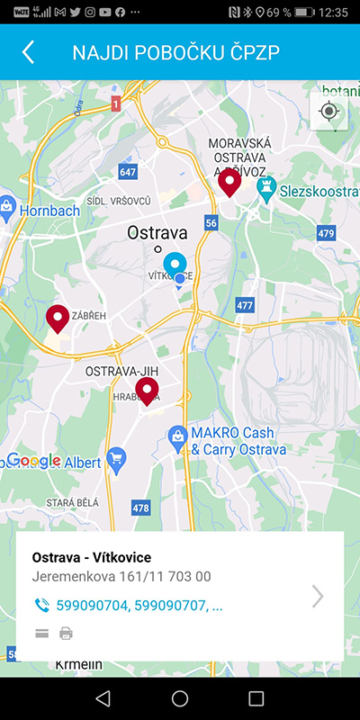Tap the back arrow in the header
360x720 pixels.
(28, 52)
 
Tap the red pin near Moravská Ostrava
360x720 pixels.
(230, 182)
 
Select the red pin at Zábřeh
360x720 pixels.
(58, 318)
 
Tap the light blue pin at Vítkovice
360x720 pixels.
(175, 265)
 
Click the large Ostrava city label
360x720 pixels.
(157, 232)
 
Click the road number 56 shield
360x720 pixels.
(211, 222)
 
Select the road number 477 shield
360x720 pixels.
(245, 306)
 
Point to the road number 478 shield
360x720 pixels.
(140, 508)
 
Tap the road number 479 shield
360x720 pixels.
(326, 234)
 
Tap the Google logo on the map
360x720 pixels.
(36, 461)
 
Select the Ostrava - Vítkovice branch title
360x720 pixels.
(91, 558)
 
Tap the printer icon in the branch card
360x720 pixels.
(66, 634)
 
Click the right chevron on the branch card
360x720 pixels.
(318, 596)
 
